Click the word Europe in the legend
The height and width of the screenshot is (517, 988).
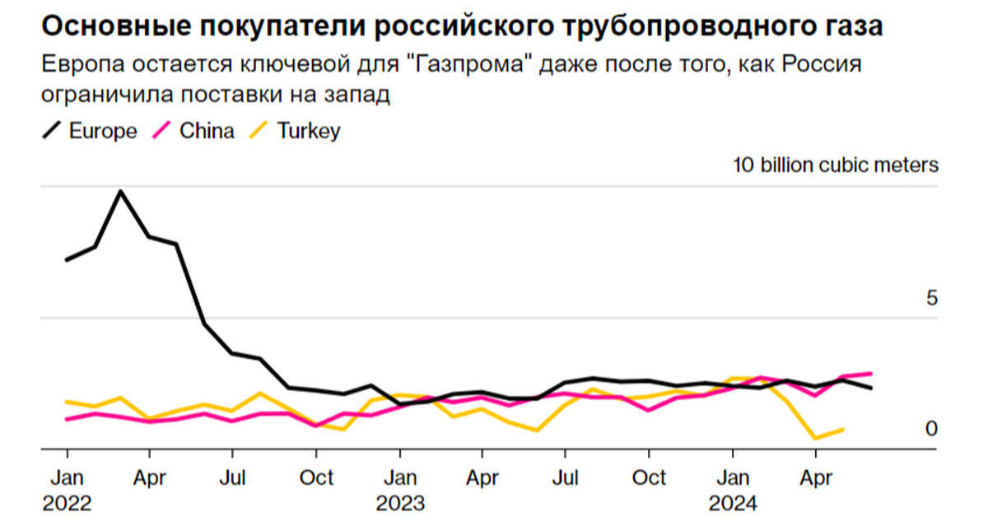click(x=103, y=131)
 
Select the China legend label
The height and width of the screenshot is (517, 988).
click(x=207, y=131)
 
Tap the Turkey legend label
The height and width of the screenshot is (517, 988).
click(x=307, y=131)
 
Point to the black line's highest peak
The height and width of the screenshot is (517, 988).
click(x=121, y=192)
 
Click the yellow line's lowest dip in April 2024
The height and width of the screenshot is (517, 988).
click(x=815, y=438)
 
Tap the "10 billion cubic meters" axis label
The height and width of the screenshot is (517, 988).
click(x=836, y=165)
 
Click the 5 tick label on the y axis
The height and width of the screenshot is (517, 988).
click(x=932, y=298)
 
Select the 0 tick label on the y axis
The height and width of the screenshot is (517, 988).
click(x=932, y=429)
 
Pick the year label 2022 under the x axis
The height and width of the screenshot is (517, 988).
click(x=67, y=501)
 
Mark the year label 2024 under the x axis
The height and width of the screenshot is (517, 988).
click(x=733, y=501)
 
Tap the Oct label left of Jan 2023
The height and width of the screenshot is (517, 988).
click(x=316, y=477)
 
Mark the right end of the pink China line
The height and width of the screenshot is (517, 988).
click(x=871, y=373)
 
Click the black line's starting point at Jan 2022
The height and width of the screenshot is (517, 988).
click(x=67, y=260)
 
